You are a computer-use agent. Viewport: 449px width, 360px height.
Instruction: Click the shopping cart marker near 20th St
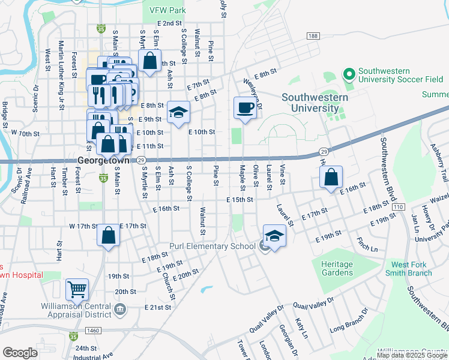pos(77,289)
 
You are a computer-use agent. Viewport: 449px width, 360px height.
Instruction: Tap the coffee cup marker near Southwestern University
pos(244,107)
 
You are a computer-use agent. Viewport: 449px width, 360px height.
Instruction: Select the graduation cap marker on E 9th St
pos(178,112)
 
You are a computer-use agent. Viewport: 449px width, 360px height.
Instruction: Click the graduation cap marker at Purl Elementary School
pos(274,235)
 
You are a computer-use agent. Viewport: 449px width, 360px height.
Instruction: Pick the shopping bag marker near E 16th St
pos(331,177)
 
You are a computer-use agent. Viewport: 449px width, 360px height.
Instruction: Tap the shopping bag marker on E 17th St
pos(108,235)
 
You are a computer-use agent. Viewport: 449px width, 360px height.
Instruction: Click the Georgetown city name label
pos(104,161)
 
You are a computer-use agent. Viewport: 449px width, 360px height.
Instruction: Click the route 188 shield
pos(312,37)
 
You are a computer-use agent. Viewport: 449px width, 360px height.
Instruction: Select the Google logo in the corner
pos(20,352)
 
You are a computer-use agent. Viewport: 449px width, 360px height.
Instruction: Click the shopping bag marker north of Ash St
pos(149,60)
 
